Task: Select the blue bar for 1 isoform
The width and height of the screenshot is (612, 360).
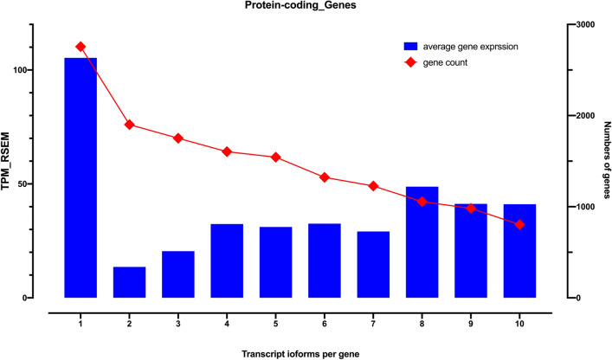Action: pyautogui.click(x=81, y=177)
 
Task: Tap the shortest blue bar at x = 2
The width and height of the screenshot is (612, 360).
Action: pyautogui.click(x=129, y=282)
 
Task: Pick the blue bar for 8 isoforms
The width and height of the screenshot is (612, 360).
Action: pyautogui.click(x=422, y=242)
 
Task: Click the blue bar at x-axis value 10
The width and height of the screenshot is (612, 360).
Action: pyautogui.click(x=519, y=251)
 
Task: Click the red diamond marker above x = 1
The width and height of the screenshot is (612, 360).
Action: pyautogui.click(x=81, y=47)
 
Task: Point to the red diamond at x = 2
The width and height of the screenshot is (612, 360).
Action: pyautogui.click(x=129, y=125)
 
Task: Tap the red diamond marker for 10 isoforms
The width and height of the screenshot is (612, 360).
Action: pyautogui.click(x=519, y=224)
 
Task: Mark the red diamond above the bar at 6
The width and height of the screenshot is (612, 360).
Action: pyautogui.click(x=325, y=177)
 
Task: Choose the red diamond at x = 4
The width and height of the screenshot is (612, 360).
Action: pyautogui.click(x=227, y=151)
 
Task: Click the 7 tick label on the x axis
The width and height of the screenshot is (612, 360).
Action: pyautogui.click(x=373, y=313)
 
